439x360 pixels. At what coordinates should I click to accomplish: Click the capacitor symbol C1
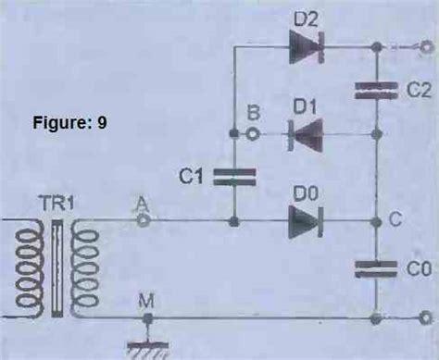pyautogui.click(x=235, y=176)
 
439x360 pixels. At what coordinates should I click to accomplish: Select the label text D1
pyautogui.click(x=307, y=108)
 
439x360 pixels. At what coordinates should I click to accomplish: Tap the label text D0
pyautogui.click(x=306, y=195)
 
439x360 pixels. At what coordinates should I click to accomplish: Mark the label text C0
pyautogui.click(x=418, y=267)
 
